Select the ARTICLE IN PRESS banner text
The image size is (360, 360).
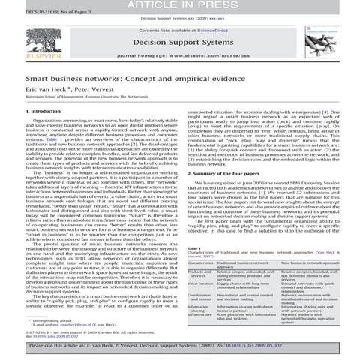[179, 6]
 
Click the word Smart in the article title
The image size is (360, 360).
[20, 77]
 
